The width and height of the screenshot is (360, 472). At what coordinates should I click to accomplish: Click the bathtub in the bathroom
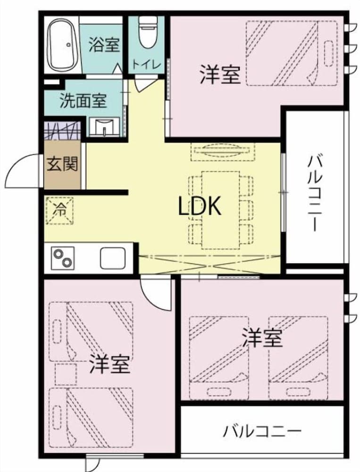click(65, 43)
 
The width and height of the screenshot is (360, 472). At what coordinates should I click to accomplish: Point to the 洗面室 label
click(83, 101)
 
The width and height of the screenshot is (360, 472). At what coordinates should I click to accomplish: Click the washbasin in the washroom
click(106, 126)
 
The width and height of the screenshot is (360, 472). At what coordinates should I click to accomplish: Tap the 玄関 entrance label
click(62, 165)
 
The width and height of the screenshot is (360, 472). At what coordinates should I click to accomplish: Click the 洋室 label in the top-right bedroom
click(220, 75)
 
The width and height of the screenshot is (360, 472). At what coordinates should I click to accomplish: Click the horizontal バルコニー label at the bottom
click(262, 430)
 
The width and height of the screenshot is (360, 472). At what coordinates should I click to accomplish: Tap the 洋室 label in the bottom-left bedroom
click(109, 363)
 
